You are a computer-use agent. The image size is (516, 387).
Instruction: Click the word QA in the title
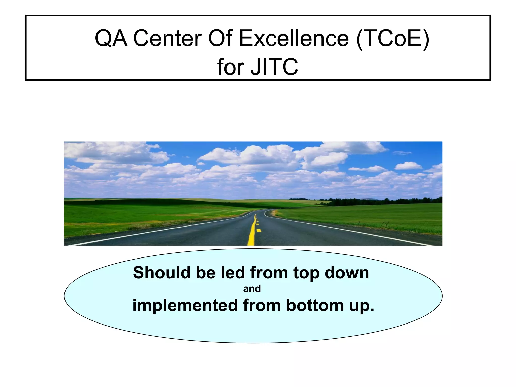coord(111,39)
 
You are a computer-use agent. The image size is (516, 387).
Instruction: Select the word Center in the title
coord(167,39)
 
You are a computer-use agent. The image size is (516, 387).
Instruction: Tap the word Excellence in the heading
coord(294,39)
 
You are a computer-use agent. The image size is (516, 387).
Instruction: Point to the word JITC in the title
coord(274,67)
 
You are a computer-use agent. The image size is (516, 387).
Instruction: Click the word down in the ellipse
coord(347,273)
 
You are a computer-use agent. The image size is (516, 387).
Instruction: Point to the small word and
coord(252,289)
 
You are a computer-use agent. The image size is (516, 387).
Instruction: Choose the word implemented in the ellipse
coord(185,306)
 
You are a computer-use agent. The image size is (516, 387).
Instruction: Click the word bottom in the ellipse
coord(315,305)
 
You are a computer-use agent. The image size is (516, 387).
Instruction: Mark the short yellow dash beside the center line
coord(259,230)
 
